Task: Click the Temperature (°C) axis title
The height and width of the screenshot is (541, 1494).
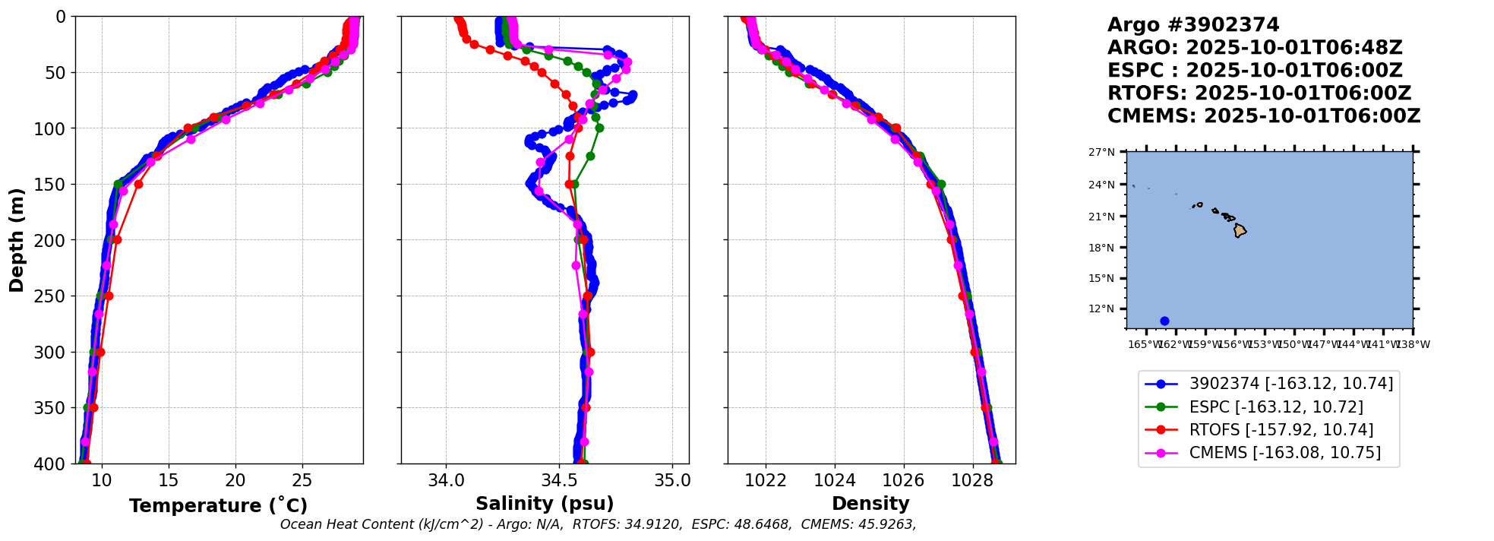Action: [x=218, y=506]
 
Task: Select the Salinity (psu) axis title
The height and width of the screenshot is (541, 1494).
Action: [x=545, y=504]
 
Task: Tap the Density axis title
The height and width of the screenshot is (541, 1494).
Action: [x=870, y=504]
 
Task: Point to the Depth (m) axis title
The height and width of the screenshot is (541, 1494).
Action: [x=17, y=240]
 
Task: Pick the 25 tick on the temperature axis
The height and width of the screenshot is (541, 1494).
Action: [x=302, y=480]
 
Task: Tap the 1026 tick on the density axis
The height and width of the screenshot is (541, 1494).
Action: [x=904, y=480]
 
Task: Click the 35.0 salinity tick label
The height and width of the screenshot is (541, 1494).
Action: [x=672, y=480]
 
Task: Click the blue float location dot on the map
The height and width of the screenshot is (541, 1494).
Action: [x=1164, y=321]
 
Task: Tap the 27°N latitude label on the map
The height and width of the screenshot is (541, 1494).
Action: [x=1101, y=153]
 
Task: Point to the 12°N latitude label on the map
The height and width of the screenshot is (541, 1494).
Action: [x=1101, y=309]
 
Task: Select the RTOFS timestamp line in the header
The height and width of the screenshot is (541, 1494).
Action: [x=1259, y=93]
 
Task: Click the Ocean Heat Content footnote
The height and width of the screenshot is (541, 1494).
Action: [x=598, y=524]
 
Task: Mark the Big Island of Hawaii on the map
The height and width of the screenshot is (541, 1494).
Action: [x=1240, y=229]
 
